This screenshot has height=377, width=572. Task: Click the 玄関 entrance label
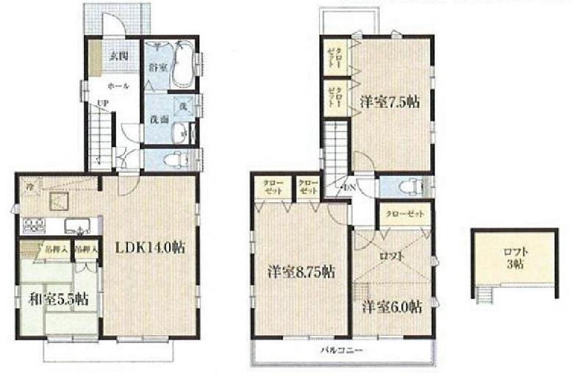[118, 54]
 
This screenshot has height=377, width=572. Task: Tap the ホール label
[118, 86]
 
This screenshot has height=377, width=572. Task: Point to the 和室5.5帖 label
[60, 299]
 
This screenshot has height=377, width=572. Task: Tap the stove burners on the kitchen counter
[36, 225]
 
